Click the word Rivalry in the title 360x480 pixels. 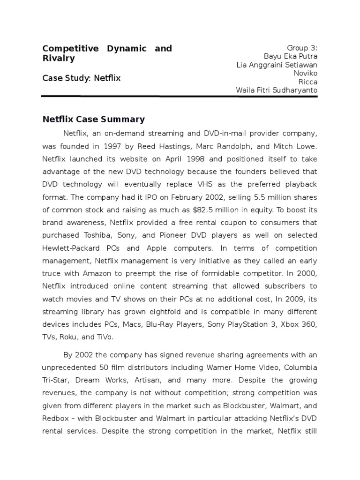(x=59, y=59)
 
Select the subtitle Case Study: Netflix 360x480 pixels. (x=81, y=78)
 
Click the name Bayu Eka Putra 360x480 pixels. (x=291, y=56)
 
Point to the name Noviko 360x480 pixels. (x=305, y=73)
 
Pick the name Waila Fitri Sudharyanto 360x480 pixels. (x=277, y=90)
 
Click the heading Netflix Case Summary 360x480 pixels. (x=93, y=119)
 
